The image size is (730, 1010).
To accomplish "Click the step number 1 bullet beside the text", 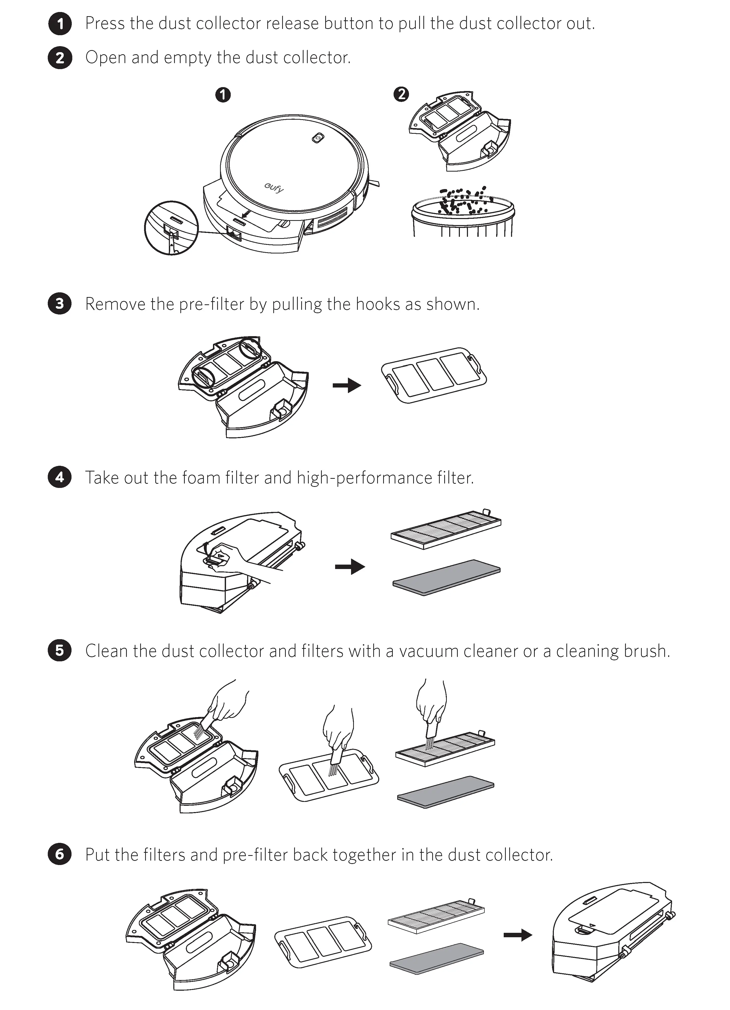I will [x=60, y=24].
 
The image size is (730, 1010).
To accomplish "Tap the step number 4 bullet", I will [x=60, y=477].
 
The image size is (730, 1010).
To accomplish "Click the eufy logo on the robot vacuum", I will [x=274, y=188].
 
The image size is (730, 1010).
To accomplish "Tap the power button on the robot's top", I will [x=317, y=138].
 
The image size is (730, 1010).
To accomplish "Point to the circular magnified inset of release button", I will [x=171, y=228].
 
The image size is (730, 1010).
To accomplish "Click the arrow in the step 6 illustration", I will [x=518, y=935].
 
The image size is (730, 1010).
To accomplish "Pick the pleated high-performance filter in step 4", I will [x=446, y=529].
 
